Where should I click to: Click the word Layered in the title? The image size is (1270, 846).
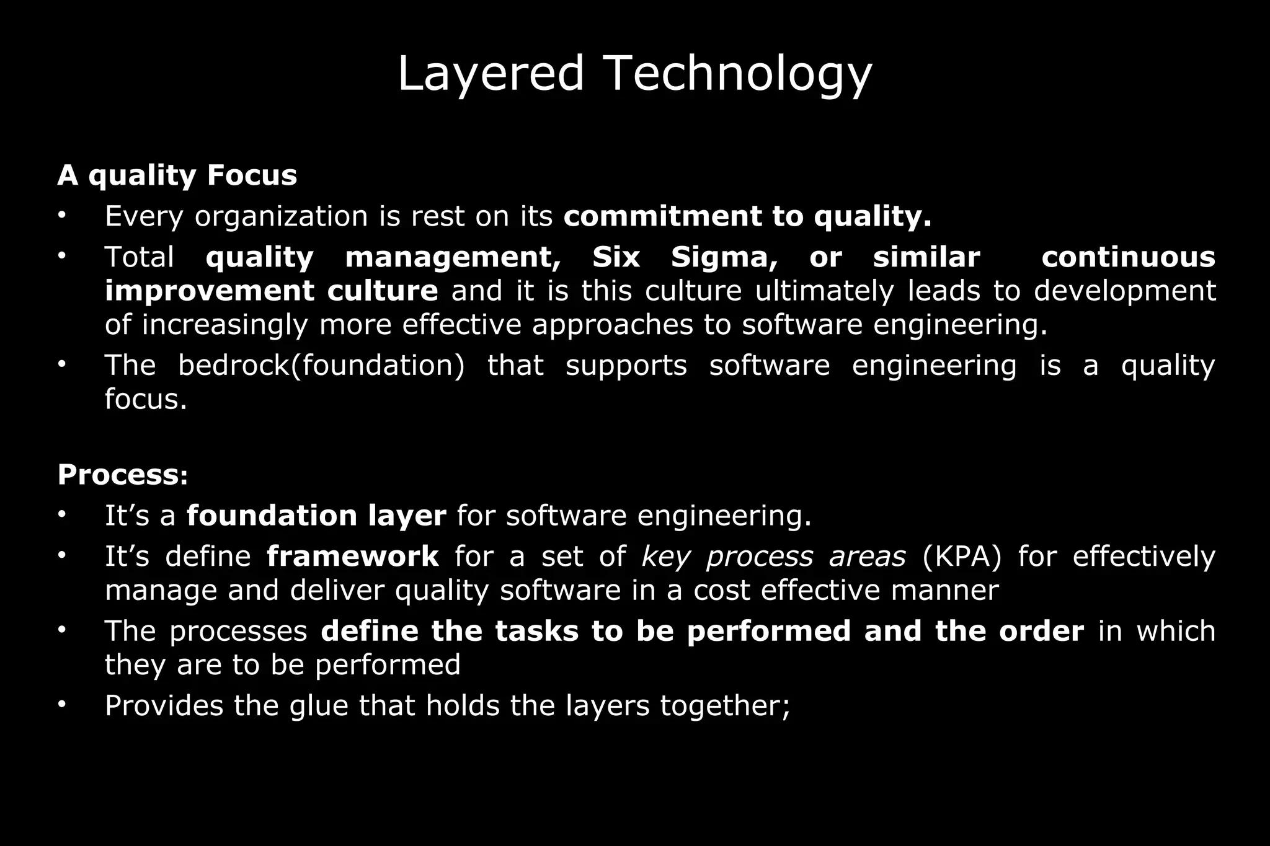(x=490, y=74)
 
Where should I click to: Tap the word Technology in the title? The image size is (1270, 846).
(x=737, y=74)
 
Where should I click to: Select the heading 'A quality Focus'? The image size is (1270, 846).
(x=177, y=175)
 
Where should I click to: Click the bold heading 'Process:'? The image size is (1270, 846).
(x=123, y=475)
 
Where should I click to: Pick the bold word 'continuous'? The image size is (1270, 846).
(x=1128, y=257)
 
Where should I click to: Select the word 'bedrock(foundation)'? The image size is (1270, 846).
(x=321, y=366)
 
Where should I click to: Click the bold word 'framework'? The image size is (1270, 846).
(x=353, y=557)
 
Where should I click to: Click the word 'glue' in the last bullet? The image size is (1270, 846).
(x=319, y=706)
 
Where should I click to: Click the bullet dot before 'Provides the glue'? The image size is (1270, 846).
(x=62, y=705)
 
